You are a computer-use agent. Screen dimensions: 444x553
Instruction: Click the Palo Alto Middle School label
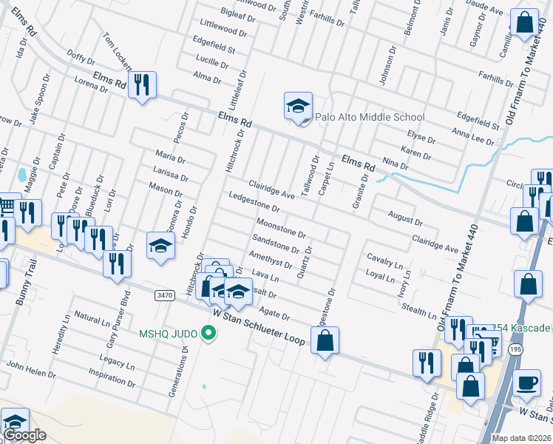coord(370,117)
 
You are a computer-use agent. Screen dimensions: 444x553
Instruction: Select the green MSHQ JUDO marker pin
coord(208,334)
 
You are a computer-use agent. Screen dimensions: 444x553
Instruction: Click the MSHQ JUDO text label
coord(168,334)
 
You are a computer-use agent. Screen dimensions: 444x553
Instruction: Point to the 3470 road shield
coord(165,295)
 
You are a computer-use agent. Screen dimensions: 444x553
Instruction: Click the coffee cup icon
coord(527,383)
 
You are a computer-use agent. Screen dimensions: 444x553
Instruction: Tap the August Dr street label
coord(405,217)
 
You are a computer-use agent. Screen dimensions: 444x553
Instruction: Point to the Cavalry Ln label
coord(385,260)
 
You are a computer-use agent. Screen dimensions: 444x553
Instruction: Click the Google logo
coord(24,435)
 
